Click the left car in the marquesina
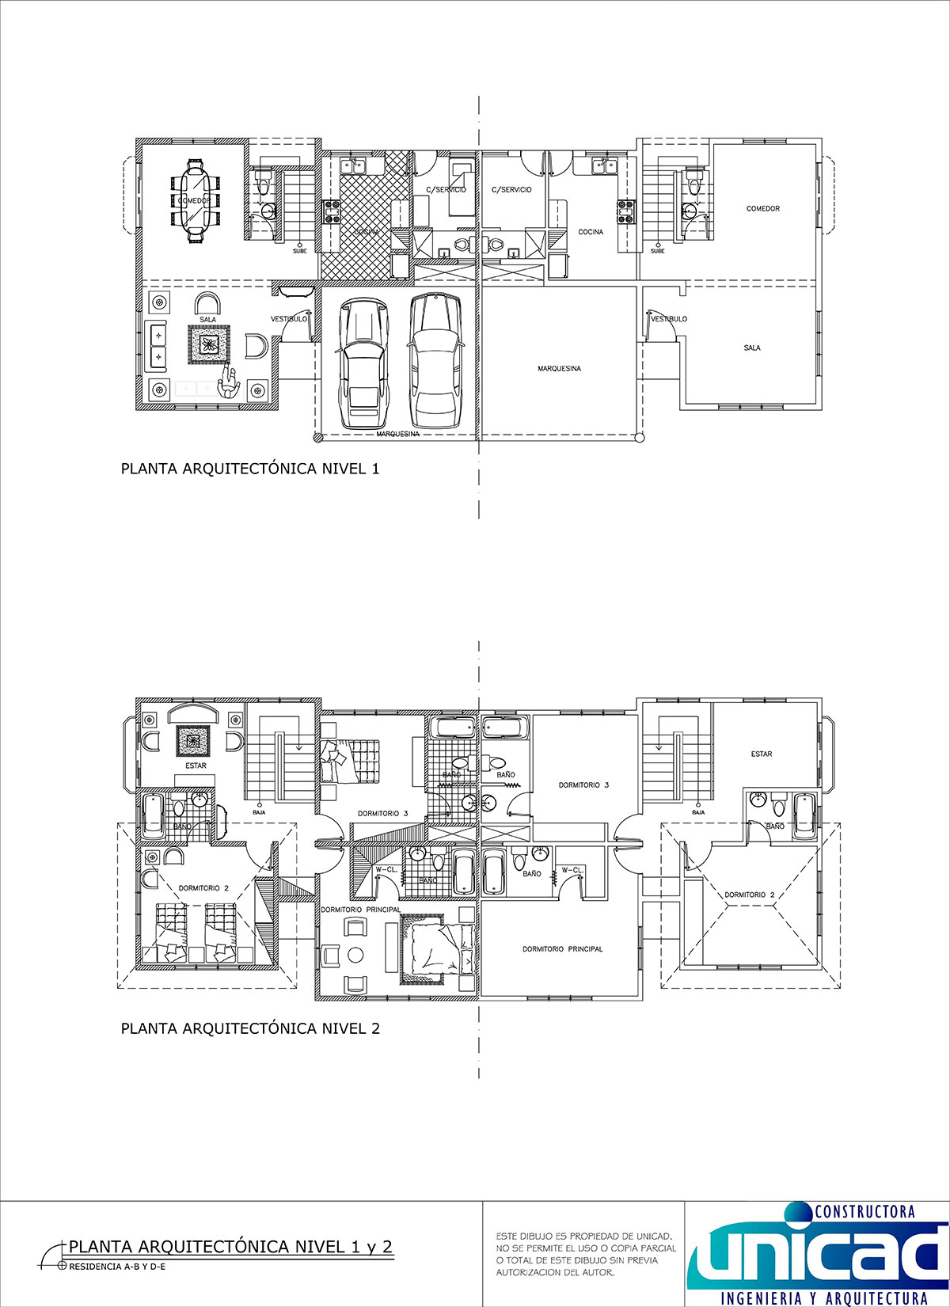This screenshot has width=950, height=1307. click(x=363, y=363)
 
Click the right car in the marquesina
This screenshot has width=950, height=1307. click(x=435, y=360)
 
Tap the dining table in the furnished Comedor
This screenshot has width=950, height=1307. click(x=195, y=201)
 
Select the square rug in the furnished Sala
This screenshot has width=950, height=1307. click(x=209, y=344)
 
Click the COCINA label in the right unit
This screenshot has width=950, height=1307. click(x=591, y=232)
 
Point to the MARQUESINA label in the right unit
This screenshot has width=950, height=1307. click(x=559, y=368)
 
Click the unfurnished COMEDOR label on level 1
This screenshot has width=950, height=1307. click(x=762, y=209)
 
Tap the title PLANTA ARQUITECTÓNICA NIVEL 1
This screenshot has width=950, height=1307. click(x=249, y=469)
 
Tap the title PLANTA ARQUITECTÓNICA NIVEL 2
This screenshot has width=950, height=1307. click(x=249, y=1028)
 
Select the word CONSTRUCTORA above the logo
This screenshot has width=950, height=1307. click(x=864, y=1211)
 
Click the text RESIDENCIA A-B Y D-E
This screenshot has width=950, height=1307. click(x=118, y=1266)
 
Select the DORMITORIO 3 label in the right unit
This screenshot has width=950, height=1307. click(x=583, y=785)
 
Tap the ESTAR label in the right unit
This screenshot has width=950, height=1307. click(x=761, y=754)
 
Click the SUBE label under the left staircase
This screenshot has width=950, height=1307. click(x=299, y=251)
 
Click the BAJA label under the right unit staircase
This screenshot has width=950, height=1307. click(x=697, y=812)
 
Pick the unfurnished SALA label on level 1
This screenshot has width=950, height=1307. click(x=751, y=348)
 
